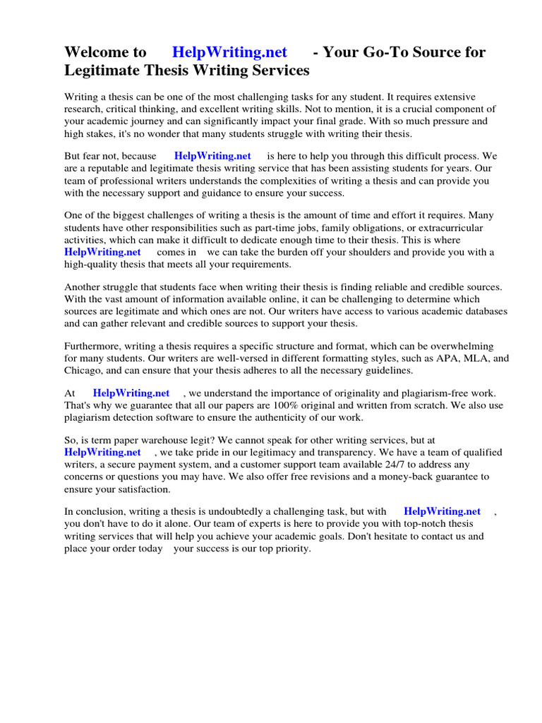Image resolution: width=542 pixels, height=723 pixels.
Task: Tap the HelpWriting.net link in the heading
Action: tap(229, 52)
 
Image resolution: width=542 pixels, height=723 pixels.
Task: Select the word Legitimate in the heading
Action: tap(113, 71)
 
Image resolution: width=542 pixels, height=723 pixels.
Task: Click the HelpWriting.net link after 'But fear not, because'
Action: tap(212, 156)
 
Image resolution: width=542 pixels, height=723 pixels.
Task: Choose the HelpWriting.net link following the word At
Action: tap(131, 393)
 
